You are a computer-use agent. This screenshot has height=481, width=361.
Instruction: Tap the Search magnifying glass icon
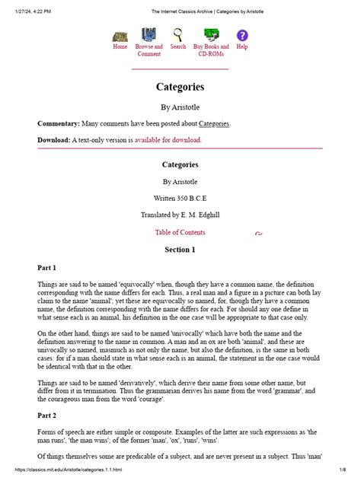(x=178, y=35)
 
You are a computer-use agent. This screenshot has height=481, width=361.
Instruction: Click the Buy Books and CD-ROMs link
(x=212, y=50)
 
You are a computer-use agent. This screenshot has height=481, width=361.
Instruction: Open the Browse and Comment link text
(x=149, y=50)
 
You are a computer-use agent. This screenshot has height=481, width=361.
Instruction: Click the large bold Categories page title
(x=180, y=88)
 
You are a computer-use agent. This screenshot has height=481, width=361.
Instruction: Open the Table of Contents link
(x=180, y=232)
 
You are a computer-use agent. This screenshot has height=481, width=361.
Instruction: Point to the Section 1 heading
(x=180, y=250)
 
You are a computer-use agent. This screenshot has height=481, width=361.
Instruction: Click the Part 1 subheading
(x=47, y=268)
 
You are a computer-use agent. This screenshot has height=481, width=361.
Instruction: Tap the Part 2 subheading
(x=47, y=416)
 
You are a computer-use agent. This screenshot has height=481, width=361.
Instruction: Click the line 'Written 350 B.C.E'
(x=180, y=198)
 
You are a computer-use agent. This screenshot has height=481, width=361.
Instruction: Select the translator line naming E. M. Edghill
(x=180, y=215)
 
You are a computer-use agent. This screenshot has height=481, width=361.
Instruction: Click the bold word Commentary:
(x=59, y=123)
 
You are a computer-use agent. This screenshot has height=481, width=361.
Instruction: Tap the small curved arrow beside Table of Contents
(x=259, y=234)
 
